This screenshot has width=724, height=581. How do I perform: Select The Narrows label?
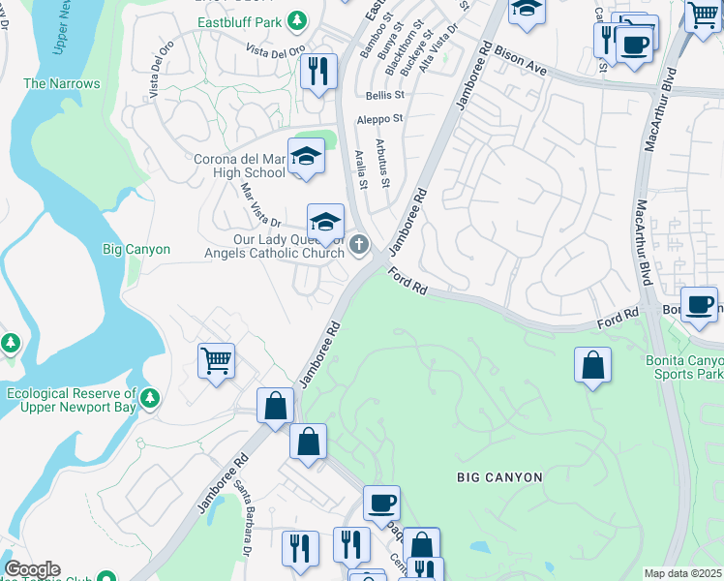(62, 84)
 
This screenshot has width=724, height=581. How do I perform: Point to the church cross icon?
(359, 246)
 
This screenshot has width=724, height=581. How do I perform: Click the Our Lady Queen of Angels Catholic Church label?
(288, 246)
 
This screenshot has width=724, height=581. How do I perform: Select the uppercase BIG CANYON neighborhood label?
(500, 477)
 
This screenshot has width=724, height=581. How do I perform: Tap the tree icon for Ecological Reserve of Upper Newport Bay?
(149, 398)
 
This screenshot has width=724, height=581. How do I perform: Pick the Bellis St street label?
(384, 95)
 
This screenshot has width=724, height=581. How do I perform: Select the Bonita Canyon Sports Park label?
(683, 367)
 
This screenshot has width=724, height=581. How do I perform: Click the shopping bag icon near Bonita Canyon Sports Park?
(592, 366)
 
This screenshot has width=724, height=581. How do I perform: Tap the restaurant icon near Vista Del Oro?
(317, 72)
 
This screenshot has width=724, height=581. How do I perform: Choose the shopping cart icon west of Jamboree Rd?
(216, 361)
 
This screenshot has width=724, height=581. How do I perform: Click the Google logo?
(31, 570)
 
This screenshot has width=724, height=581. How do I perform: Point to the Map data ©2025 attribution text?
(682, 573)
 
